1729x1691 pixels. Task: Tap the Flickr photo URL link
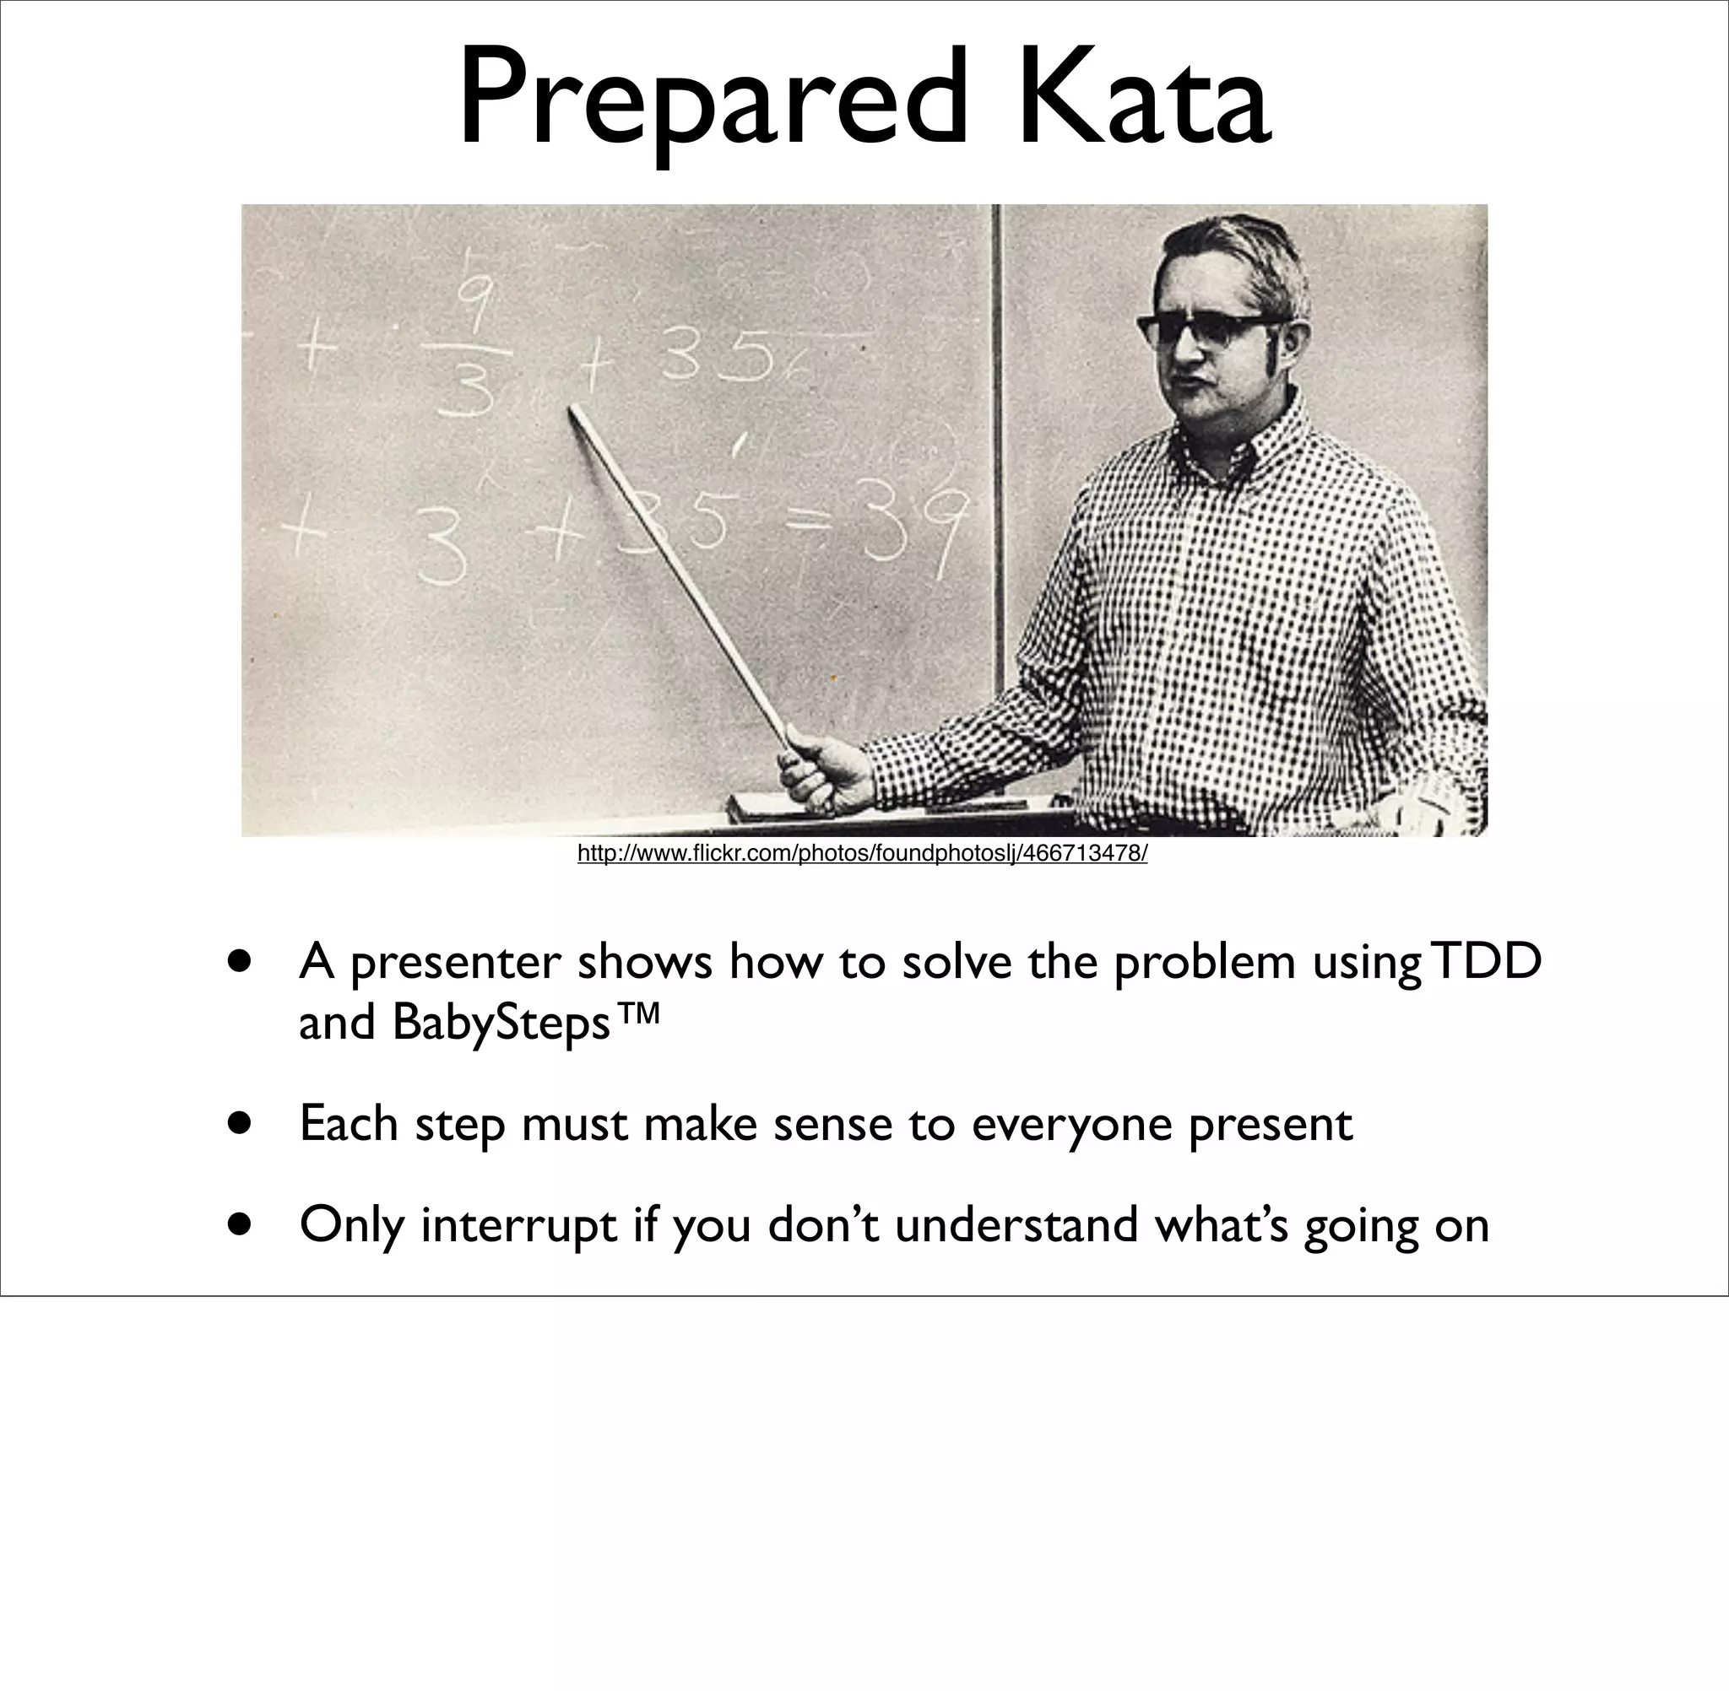[862, 853]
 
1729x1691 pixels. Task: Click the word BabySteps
[501, 1022]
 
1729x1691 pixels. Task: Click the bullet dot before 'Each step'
[238, 1122]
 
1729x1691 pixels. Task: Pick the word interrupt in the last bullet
[518, 1224]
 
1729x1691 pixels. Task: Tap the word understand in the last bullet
[1016, 1224]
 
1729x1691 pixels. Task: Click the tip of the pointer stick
[572, 408]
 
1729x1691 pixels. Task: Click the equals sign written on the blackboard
[804, 525]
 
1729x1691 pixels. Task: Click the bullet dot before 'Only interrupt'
[238, 1224]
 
